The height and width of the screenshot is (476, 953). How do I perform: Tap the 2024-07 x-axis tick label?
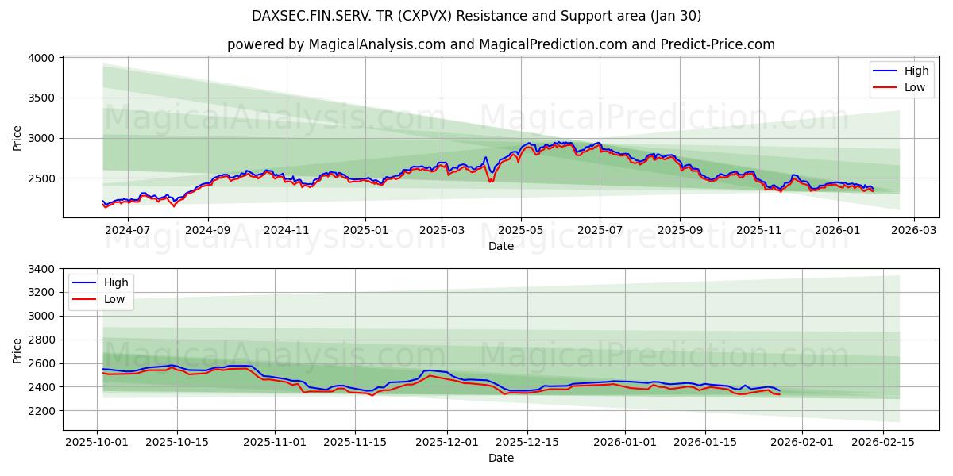click(x=127, y=231)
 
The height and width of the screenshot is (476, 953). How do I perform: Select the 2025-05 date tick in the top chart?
click(x=521, y=231)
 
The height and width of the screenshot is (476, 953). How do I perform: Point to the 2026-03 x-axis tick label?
click(x=913, y=231)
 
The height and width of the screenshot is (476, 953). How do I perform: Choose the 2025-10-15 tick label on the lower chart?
click(x=176, y=442)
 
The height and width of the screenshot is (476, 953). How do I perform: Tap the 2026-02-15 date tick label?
click(x=883, y=442)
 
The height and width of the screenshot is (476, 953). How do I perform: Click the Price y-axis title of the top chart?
click(x=17, y=137)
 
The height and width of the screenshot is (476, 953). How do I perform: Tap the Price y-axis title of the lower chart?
click(x=17, y=349)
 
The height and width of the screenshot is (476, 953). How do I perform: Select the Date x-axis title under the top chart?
click(x=501, y=246)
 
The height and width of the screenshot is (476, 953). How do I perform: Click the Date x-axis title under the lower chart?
click(x=501, y=458)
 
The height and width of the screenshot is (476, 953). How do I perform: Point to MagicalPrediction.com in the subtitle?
click(x=545, y=44)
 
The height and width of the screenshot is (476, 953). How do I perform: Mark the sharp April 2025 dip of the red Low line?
click(x=490, y=182)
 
